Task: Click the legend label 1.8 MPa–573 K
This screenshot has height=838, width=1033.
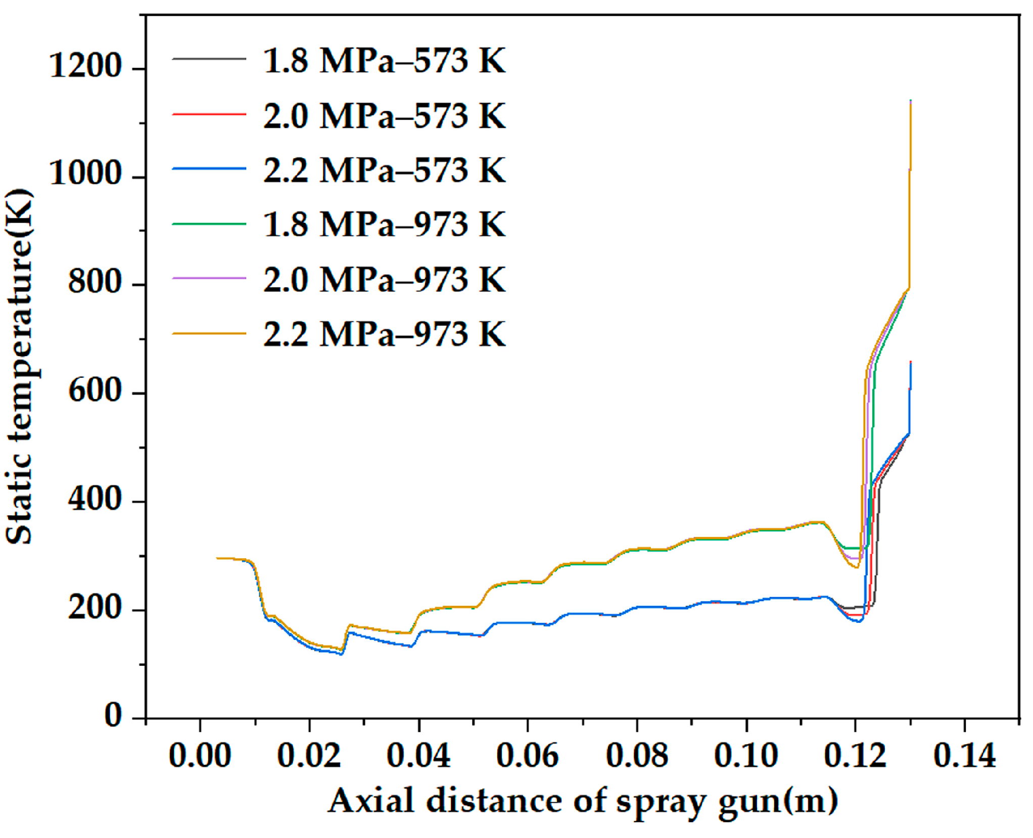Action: click(384, 61)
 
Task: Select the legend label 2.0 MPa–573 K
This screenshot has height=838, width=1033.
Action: click(384, 116)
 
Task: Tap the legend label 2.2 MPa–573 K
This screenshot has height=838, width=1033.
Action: click(384, 170)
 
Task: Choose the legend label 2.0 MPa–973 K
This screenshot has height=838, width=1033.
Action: click(384, 279)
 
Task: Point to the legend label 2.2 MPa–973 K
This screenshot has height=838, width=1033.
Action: click(384, 334)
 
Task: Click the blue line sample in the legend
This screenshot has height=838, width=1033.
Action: click(209, 168)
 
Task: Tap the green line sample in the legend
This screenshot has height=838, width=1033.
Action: click(209, 223)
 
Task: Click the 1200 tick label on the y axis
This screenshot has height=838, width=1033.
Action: click(85, 66)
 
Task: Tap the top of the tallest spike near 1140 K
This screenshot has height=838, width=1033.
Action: click(910, 102)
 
